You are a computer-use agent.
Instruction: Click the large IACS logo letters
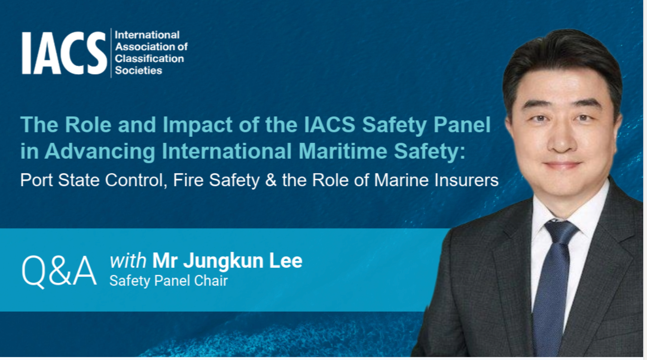point(64,53)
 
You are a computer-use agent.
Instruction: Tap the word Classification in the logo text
point(149,59)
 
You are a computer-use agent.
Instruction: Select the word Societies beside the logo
point(138,70)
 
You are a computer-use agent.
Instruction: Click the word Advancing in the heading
point(100,151)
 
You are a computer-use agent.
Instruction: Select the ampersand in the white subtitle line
point(271,180)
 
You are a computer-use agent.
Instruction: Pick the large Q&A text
point(59,271)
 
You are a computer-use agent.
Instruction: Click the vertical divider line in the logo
point(111,53)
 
